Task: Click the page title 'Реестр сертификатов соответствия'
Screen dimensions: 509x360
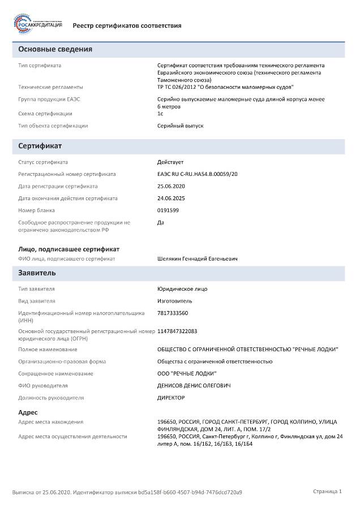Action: (127, 25)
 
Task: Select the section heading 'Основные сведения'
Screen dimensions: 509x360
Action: (55, 50)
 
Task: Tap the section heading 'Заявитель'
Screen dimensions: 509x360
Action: (37, 273)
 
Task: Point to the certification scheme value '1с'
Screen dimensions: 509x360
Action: (160, 114)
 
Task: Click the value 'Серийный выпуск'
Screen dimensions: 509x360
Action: (180, 126)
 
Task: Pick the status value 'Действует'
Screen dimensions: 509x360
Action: (170, 162)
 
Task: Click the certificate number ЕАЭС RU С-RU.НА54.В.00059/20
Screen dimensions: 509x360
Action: (198, 174)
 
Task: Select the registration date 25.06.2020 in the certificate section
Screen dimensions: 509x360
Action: (171, 186)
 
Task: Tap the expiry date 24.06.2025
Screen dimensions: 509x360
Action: (171, 199)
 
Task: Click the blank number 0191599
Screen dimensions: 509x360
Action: (168, 210)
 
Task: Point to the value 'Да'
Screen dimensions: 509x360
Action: (161, 222)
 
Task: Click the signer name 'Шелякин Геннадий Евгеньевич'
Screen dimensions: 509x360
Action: (197, 258)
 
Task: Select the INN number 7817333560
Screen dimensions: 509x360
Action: (173, 313)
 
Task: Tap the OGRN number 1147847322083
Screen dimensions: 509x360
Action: (177, 331)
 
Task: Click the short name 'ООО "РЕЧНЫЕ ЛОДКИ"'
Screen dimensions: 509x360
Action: (186, 373)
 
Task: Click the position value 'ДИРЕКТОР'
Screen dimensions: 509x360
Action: (171, 398)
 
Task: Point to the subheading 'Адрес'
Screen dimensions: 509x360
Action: (28, 412)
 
